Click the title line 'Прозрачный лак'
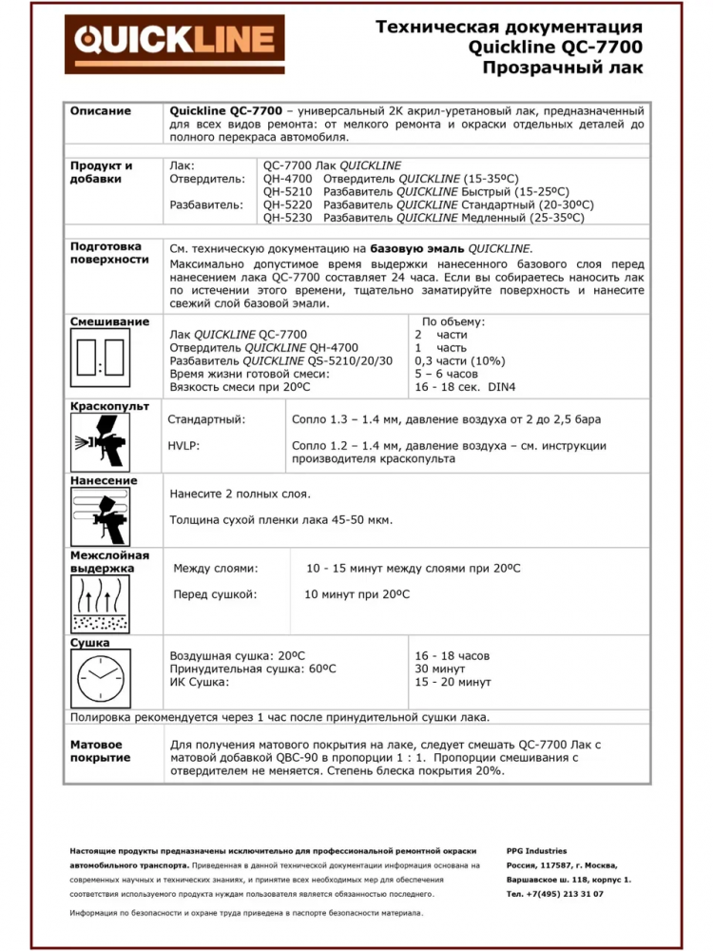click(x=562, y=68)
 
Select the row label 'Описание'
click(x=100, y=111)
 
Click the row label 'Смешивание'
click(x=109, y=322)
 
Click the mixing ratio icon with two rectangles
click(x=101, y=360)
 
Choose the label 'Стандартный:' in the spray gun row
click(x=206, y=419)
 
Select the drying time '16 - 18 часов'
click(x=453, y=656)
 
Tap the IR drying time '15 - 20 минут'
click(x=453, y=682)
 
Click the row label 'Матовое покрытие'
click(x=100, y=750)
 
